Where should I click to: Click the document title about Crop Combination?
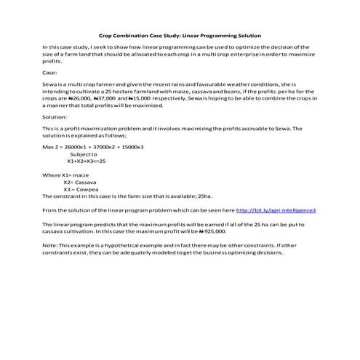(x=179, y=36)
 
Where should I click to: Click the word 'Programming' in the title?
(x=222, y=36)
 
